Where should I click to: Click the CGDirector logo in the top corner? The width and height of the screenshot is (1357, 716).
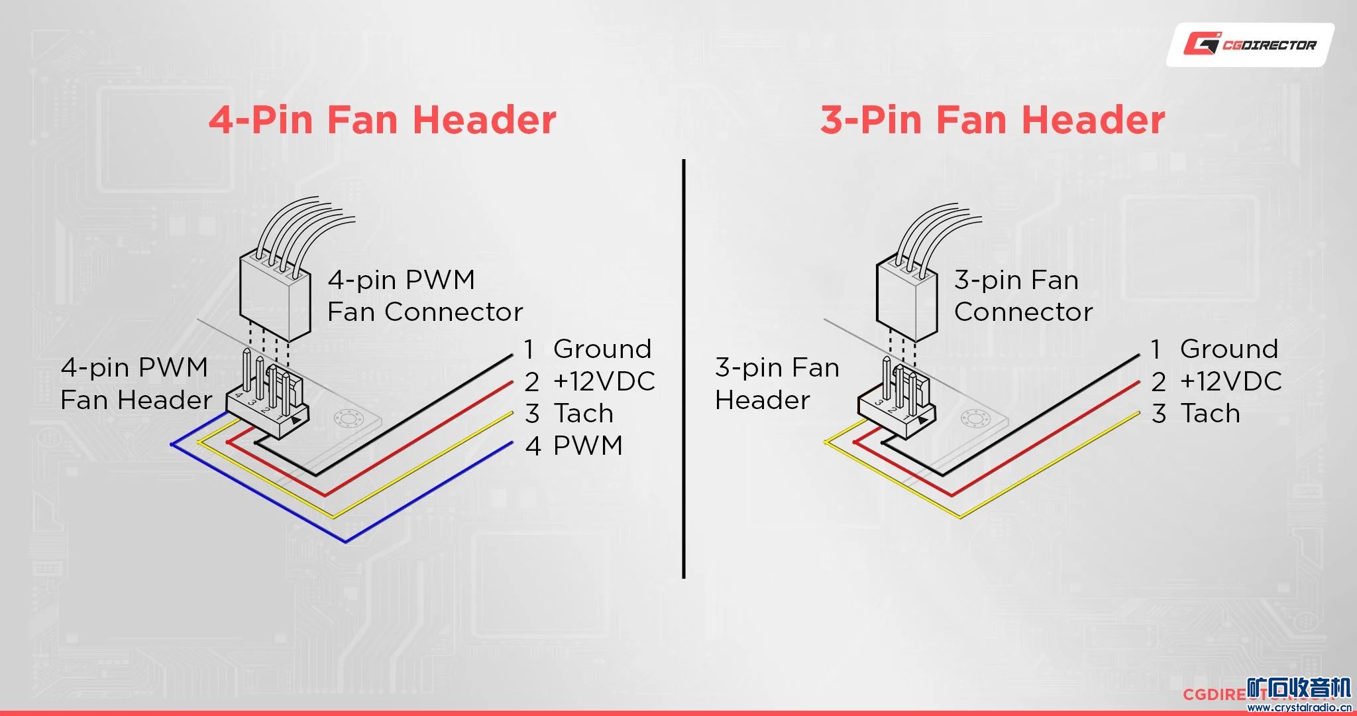pos(1250,44)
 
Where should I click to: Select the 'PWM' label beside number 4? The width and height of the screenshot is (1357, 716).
pos(588,446)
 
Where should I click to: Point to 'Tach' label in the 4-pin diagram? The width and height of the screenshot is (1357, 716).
pos(583,413)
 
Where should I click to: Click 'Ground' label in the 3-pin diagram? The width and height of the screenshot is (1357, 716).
pos(1228,349)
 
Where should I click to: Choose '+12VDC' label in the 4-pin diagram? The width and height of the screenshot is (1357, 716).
pos(604,381)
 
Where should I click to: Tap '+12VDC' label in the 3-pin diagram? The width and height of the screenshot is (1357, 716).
pos(1230,381)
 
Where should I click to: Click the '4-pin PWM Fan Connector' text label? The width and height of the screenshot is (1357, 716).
pos(424,296)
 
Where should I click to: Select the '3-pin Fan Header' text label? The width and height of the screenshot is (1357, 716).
pos(777,383)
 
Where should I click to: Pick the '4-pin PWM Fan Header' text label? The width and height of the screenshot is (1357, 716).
pos(135,383)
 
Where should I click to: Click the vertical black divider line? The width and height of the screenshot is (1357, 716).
pos(683,368)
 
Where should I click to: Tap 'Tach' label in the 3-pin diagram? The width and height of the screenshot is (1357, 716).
pos(1210,413)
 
